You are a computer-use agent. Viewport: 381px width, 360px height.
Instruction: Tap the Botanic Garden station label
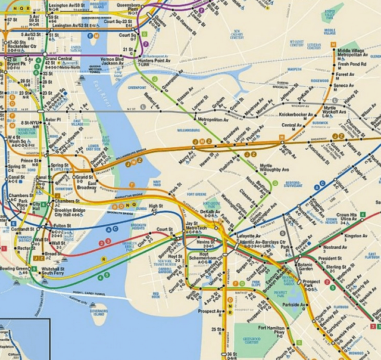[305, 267]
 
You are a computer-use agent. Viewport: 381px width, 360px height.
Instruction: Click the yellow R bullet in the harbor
[103, 259]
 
